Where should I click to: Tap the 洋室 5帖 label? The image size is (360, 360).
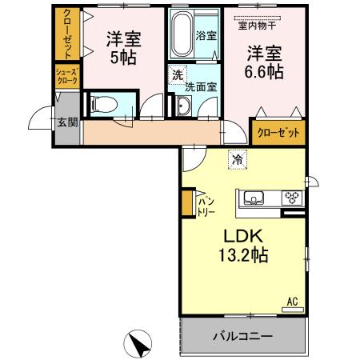coord(122,47)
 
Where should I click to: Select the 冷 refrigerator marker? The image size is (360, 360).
coord(236,159)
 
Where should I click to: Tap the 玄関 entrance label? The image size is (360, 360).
coord(67,122)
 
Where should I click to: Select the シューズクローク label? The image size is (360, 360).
coord(66,76)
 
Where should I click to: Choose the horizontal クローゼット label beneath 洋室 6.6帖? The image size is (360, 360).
coord(278,133)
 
